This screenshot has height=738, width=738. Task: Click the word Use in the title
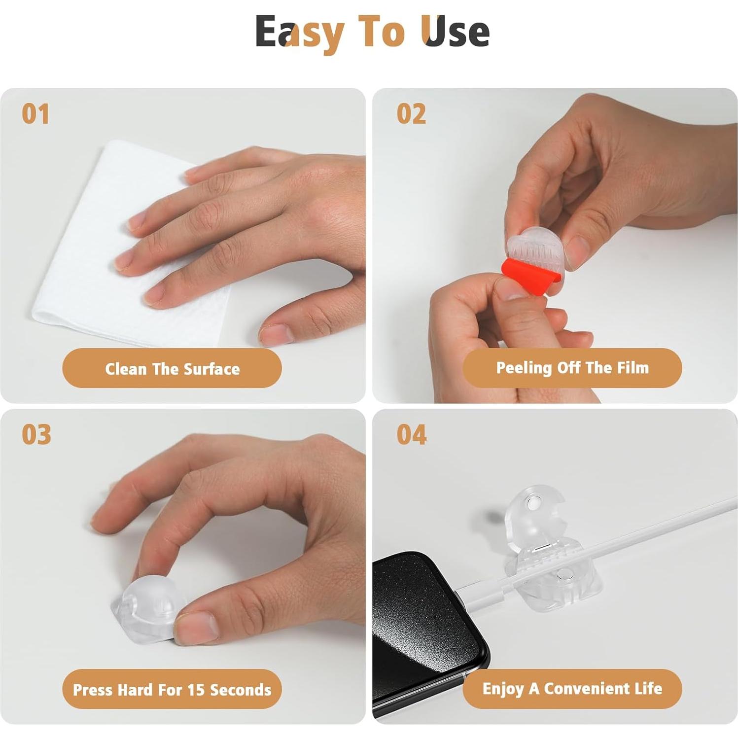tap(456, 31)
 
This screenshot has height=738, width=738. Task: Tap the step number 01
tap(35, 114)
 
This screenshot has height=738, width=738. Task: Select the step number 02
tap(411, 114)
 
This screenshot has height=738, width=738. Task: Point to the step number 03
tap(36, 434)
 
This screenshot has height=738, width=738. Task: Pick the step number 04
tap(412, 434)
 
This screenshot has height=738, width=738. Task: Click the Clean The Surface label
tap(172, 368)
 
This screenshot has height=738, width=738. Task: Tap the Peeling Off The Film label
tap(572, 368)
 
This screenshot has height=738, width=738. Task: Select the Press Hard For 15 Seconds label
tap(172, 689)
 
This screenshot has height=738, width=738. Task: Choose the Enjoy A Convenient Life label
tap(572, 689)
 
